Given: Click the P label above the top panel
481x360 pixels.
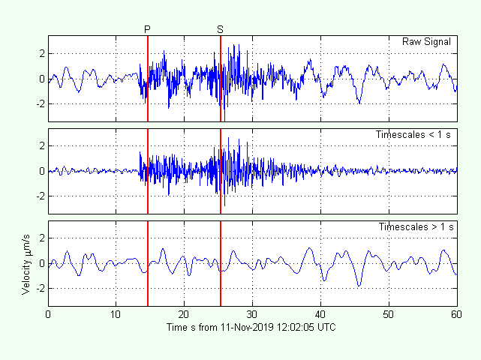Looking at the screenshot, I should point(147,29).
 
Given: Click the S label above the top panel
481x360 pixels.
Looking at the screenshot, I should point(220,29).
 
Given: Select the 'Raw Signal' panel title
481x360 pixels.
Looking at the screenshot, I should point(426,42).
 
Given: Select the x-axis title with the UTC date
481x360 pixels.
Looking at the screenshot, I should point(251,328).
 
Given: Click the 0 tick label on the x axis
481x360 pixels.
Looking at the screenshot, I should point(49,315).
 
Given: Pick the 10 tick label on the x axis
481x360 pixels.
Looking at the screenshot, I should point(116,315).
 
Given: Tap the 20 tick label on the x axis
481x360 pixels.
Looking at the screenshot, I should point(185,315).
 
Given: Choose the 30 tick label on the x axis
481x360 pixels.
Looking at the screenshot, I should point(253,315).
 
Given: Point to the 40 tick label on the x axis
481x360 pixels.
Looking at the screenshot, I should point(321,315).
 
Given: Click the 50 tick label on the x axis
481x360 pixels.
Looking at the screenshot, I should point(389,315).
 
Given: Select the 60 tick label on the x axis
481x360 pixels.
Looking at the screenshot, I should point(456,315).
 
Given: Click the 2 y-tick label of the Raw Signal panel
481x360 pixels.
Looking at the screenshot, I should point(42,53).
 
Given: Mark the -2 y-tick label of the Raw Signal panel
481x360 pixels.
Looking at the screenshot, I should point(40,103).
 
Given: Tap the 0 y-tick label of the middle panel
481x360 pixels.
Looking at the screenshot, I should point(42,171).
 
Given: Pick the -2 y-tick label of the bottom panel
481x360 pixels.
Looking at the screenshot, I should point(40,288).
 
